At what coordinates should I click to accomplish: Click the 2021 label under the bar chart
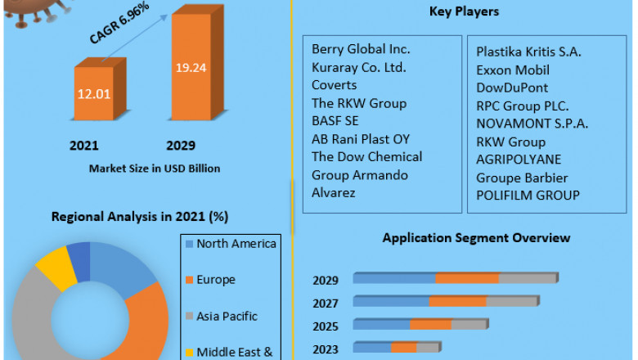[83, 146]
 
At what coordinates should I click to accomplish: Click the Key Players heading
[464, 11]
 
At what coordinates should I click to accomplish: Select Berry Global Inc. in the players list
[361, 50]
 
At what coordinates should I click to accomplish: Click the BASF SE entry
[335, 121]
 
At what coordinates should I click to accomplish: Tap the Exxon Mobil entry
[513, 70]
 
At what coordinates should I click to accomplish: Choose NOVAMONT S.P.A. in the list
[532, 124]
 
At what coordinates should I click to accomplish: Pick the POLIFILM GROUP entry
[528, 195]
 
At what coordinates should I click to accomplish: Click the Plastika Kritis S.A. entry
[528, 52]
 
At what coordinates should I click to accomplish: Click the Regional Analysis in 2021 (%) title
[140, 217]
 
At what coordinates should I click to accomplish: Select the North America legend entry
[236, 244]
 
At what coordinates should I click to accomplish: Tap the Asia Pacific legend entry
[227, 316]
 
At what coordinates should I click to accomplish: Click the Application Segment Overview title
[476, 238]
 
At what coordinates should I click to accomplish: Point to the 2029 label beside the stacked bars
[326, 281]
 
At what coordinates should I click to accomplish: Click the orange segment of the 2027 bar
[457, 301]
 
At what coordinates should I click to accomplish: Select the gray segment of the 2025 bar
[470, 324]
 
